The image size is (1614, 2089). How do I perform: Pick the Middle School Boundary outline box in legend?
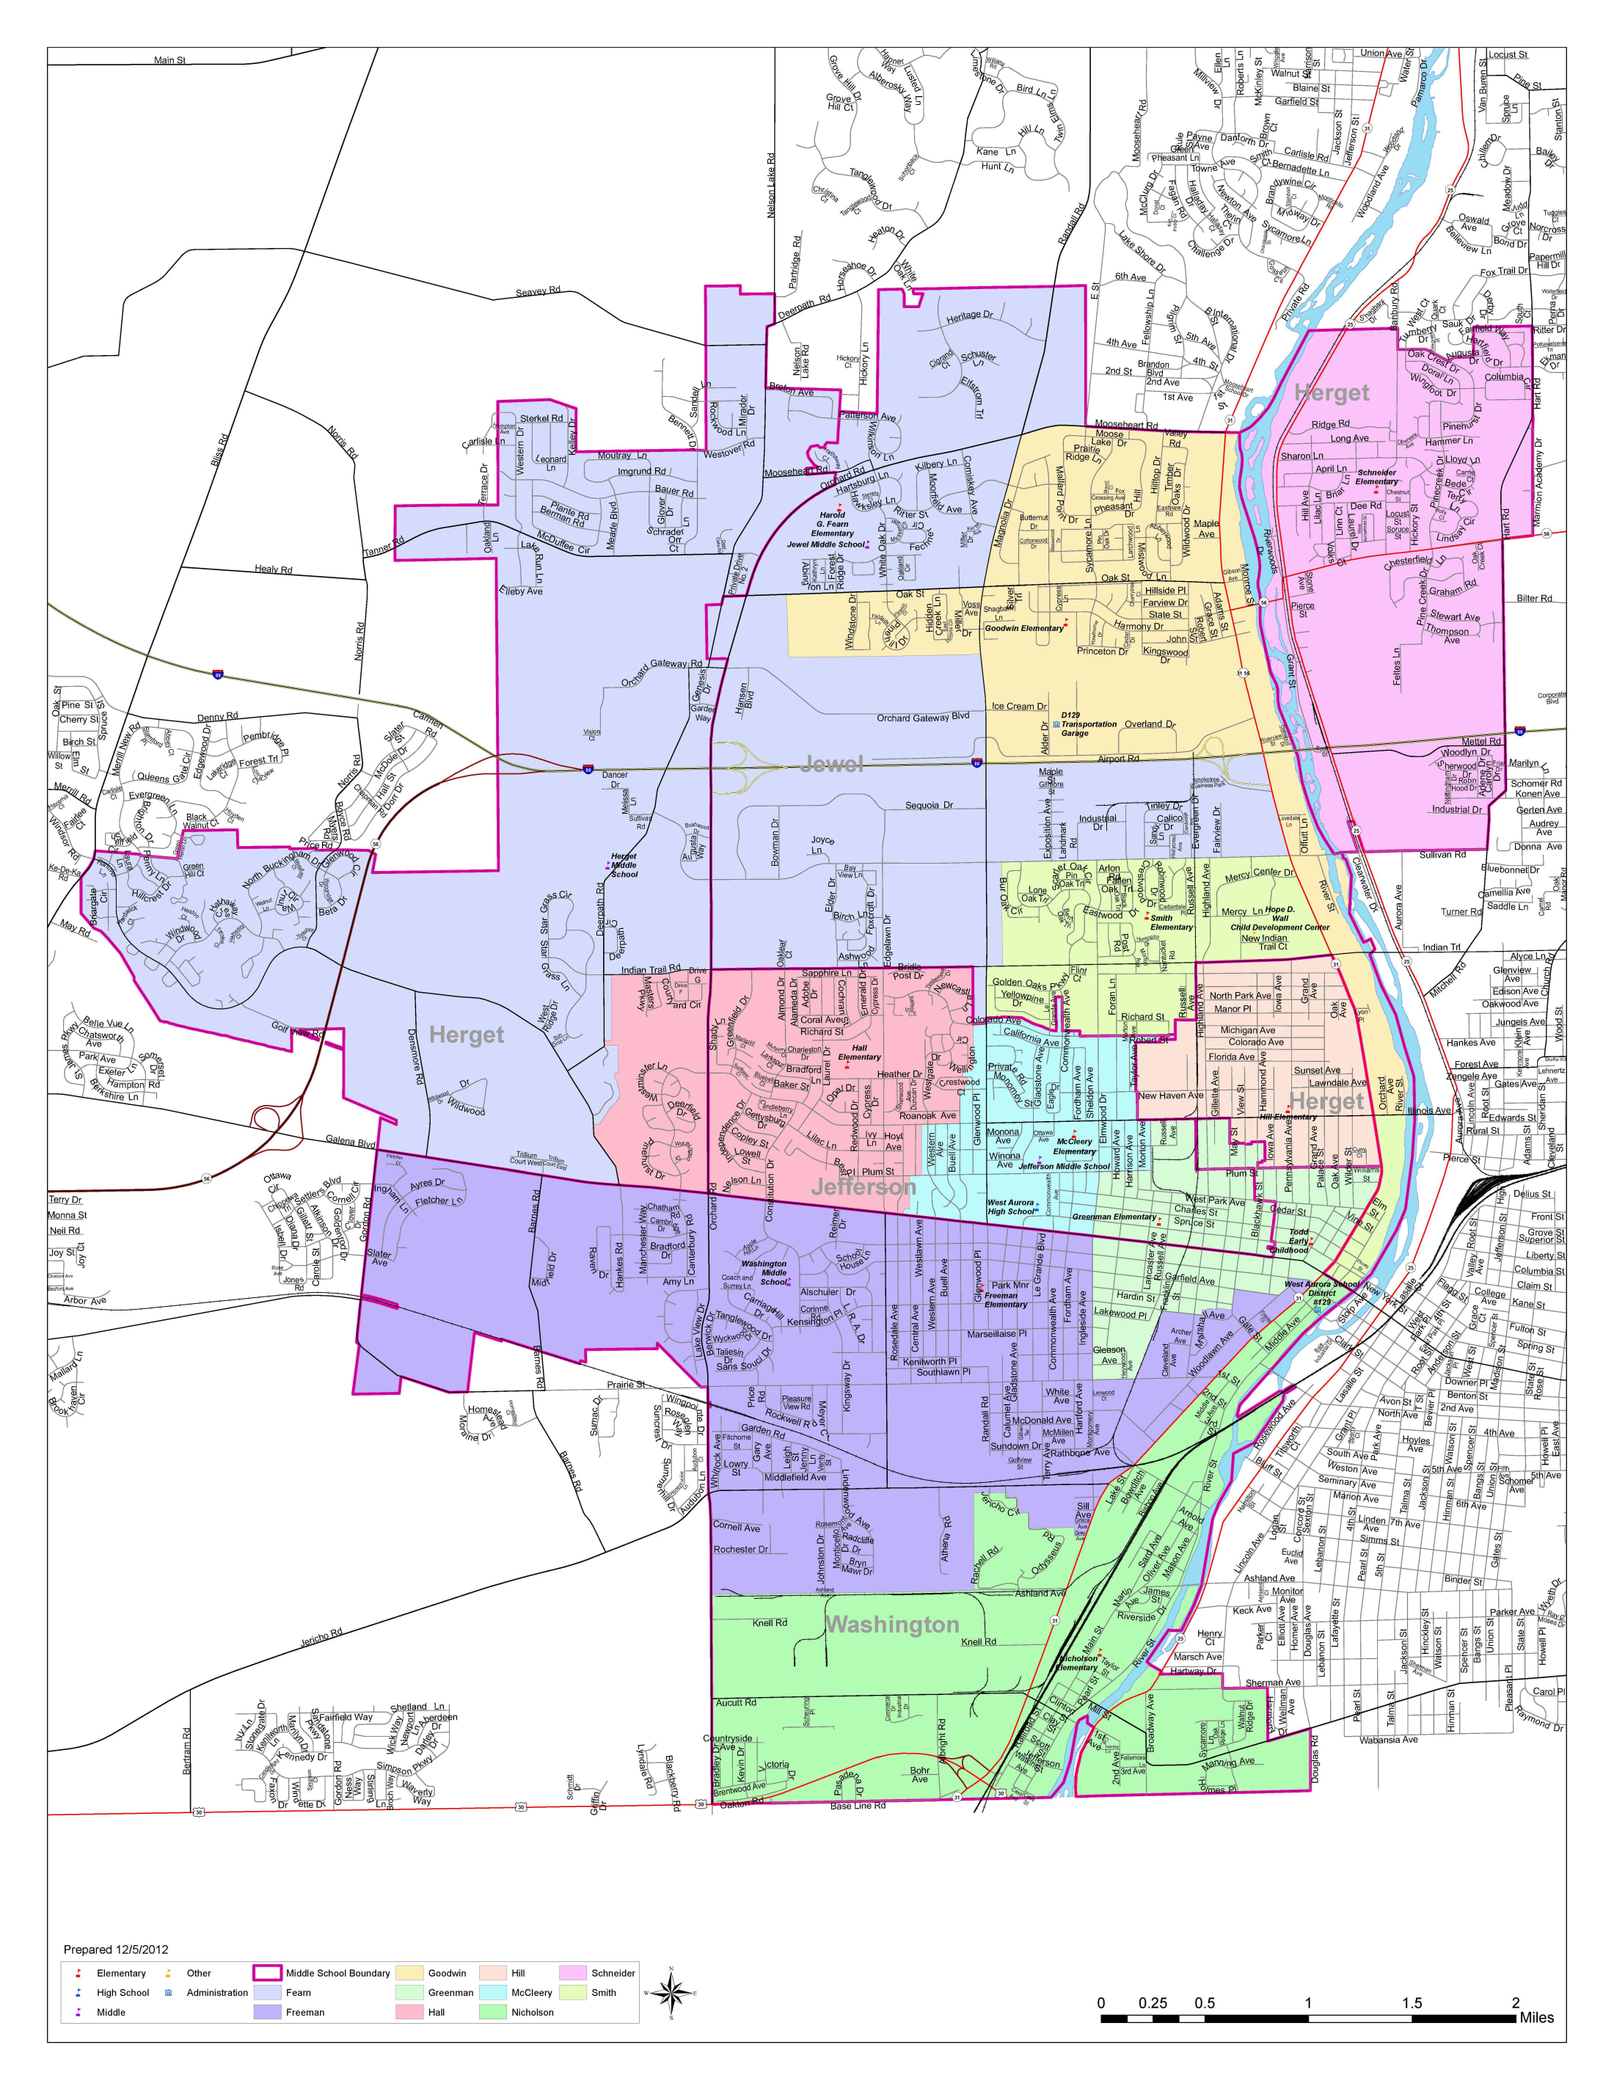click(x=267, y=1973)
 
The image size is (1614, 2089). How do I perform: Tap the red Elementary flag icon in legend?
click(x=78, y=1973)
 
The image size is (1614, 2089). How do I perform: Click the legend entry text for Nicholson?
click(x=532, y=2013)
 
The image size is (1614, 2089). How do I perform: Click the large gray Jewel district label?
click(x=831, y=763)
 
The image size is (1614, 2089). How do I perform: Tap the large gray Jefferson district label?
click(x=863, y=1187)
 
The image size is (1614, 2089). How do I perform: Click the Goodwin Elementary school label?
click(x=1023, y=628)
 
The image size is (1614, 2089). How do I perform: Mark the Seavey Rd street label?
click(x=538, y=291)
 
